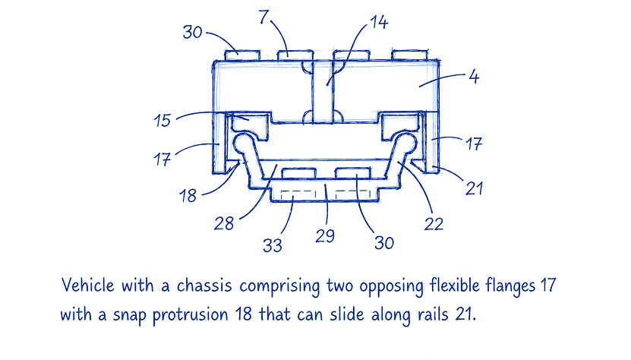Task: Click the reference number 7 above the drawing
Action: click(x=263, y=17)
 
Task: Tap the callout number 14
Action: click(x=379, y=22)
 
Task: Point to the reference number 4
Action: click(x=475, y=77)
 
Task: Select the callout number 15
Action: click(x=162, y=121)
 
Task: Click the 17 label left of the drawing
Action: click(x=162, y=159)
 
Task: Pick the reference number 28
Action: click(x=224, y=223)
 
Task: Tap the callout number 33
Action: click(x=273, y=245)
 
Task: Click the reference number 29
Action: click(x=325, y=235)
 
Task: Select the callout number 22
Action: click(x=434, y=224)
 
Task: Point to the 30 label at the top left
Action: click(x=192, y=32)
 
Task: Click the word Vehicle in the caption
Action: click(x=88, y=286)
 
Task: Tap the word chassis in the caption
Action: click(x=204, y=286)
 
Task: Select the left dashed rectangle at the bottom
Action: click(x=298, y=195)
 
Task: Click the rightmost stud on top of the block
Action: click(x=410, y=55)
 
